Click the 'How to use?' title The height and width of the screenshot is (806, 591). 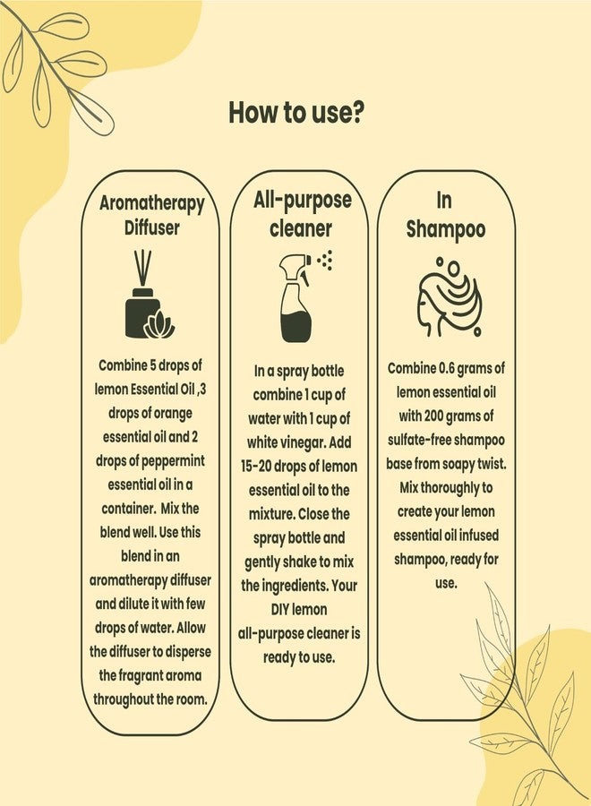pos(296,113)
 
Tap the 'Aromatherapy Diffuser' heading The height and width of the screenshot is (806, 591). pos(151,215)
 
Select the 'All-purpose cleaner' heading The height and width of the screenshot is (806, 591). pos(302,214)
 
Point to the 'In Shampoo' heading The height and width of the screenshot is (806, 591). pos(446,215)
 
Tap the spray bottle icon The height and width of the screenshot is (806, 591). pos(297,298)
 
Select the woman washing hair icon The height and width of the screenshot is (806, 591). pos(448,297)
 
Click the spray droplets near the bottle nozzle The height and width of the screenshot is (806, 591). pos(325,260)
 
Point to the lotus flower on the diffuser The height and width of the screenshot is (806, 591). pos(159,325)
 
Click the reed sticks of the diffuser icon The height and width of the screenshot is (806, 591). pos(143,270)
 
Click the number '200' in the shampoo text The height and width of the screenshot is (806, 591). pos(433,416)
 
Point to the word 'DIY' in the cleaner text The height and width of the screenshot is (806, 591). pos(279,610)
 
